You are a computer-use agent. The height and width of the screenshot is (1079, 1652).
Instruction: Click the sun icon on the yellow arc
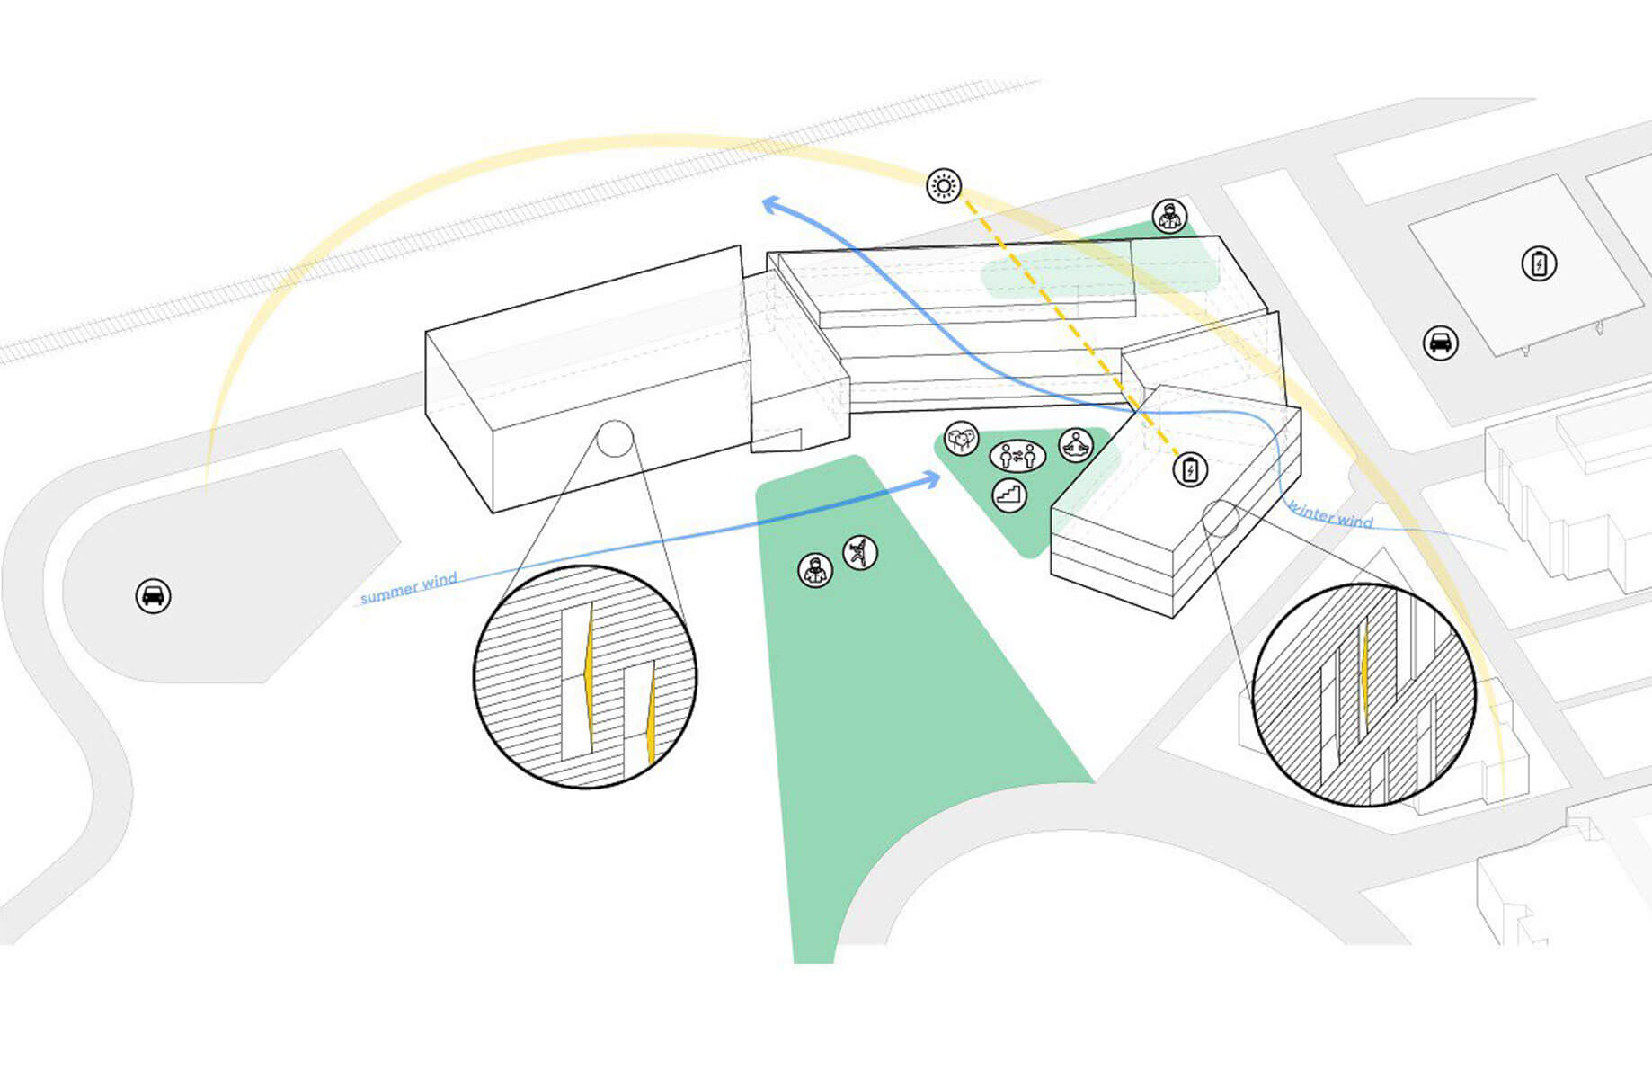pyautogui.click(x=944, y=186)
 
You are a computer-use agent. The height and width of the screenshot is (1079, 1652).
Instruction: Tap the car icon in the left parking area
pyautogui.click(x=153, y=596)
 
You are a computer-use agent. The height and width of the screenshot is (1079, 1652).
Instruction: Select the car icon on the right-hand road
pyautogui.click(x=1440, y=343)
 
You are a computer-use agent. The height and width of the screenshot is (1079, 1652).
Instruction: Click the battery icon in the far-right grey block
pyautogui.click(x=1539, y=264)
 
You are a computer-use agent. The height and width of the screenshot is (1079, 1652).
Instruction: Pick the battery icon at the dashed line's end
pyautogui.click(x=1190, y=469)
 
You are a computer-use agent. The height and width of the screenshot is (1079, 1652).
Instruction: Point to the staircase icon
pyautogui.click(x=1010, y=495)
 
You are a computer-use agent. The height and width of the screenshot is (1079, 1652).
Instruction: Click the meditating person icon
pyautogui.click(x=1076, y=444)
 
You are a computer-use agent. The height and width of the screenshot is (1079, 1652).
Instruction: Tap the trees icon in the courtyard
pyautogui.click(x=962, y=439)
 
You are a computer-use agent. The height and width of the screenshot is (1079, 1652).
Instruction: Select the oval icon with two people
pyautogui.click(x=1017, y=457)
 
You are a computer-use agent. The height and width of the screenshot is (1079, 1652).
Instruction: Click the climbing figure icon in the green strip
pyautogui.click(x=860, y=552)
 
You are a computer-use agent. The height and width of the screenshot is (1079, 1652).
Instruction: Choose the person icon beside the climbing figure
pyautogui.click(x=815, y=570)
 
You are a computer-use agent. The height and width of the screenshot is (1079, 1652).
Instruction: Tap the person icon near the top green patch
pyautogui.click(x=1169, y=217)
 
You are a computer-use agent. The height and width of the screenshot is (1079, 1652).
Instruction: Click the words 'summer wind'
pyautogui.click(x=409, y=588)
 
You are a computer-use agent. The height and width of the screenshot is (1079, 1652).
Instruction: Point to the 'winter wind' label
pyautogui.click(x=1331, y=513)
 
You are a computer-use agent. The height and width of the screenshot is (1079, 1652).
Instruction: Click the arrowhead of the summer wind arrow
pyautogui.click(x=933, y=478)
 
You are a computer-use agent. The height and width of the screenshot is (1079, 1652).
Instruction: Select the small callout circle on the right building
pyautogui.click(x=1221, y=519)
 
